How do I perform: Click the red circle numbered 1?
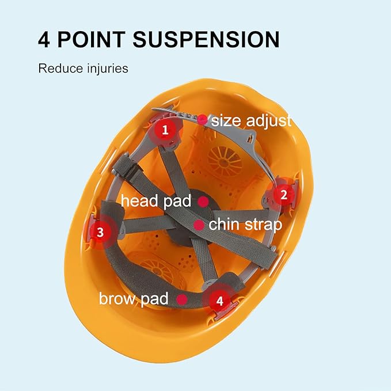click(165, 130)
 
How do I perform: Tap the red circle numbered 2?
click(284, 195)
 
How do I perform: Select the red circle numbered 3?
click(100, 232)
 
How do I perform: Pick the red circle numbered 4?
click(219, 301)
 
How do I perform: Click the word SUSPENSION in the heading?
click(206, 39)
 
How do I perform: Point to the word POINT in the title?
click(91, 39)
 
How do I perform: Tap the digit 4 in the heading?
click(44, 39)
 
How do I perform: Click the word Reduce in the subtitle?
click(60, 69)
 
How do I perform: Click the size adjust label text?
click(251, 121)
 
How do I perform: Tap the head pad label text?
click(156, 201)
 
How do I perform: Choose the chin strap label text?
click(245, 225)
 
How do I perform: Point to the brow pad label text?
click(134, 299)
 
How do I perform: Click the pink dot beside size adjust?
click(202, 120)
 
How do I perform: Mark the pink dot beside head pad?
click(204, 202)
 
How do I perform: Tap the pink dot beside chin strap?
click(199, 225)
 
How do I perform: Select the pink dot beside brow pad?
click(182, 299)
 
